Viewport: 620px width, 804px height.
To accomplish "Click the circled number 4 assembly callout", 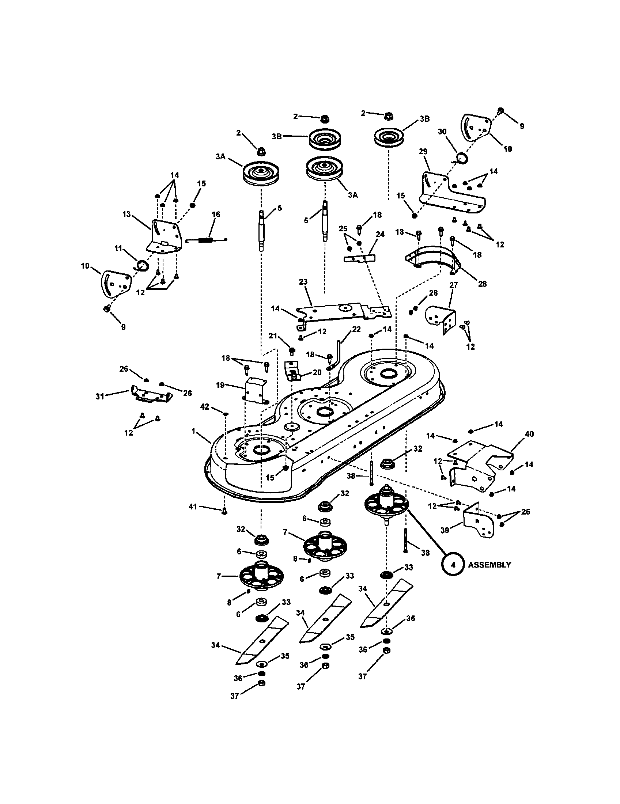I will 453,565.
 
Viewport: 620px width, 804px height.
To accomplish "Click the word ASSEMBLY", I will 489,565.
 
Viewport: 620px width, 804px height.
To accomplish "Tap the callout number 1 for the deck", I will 194,431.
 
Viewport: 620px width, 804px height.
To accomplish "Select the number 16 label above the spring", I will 216,214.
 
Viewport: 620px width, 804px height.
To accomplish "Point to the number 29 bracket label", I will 423,152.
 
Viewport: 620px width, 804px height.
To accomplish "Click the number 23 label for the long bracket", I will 303,282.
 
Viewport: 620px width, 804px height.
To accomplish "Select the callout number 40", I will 529,434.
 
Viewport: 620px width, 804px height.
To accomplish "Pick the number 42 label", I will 205,406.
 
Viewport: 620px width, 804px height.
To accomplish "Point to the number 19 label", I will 220,385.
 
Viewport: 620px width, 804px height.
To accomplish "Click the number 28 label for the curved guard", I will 482,284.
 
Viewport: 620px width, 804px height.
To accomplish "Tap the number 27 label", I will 454,285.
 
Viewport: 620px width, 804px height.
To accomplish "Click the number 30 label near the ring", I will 442,132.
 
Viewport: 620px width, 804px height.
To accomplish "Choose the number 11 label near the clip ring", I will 118,249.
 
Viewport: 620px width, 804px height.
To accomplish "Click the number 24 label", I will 380,234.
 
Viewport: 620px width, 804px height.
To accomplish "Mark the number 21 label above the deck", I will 272,336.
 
